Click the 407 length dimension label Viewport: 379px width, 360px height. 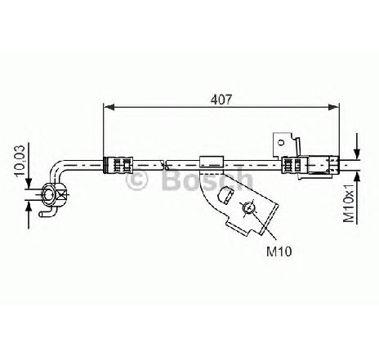point(221,100)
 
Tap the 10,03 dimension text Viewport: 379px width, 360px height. point(20,161)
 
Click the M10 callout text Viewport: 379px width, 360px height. point(279,251)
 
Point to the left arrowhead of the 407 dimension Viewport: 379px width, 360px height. point(109,107)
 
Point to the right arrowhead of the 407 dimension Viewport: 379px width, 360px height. point(333,107)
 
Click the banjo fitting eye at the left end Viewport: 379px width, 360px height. point(49,194)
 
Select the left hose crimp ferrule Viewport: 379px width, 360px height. point(118,164)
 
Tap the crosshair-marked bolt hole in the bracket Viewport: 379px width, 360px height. point(248,208)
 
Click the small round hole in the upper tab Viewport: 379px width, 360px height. point(280,142)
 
